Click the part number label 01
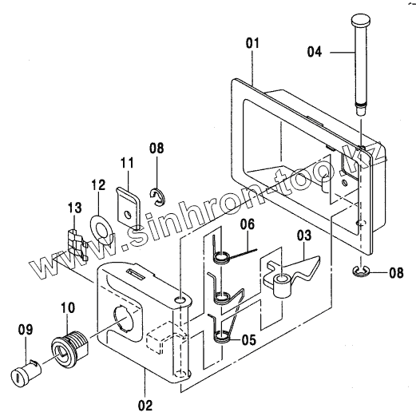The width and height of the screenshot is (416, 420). pos(253,43)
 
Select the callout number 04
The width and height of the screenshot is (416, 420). pos(315,52)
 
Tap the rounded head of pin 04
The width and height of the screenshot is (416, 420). pos(361,20)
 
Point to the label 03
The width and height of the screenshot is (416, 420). pos(304,236)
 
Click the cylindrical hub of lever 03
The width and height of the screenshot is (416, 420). pos(282,286)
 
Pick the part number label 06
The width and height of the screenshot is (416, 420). pos(248,224)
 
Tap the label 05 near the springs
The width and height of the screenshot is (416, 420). pos(249,340)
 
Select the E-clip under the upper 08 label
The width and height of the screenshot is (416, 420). pos(157,197)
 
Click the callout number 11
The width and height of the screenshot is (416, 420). pos(127,163)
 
